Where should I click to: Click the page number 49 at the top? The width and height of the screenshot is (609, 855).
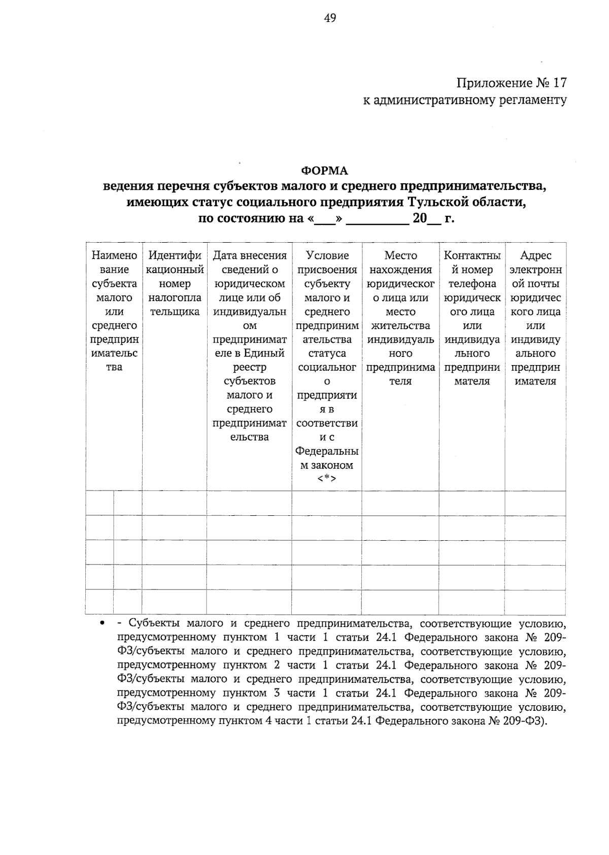[x=329, y=18]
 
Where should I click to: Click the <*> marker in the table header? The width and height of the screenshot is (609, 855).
[x=327, y=479]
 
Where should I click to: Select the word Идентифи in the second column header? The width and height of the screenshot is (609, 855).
[x=175, y=256]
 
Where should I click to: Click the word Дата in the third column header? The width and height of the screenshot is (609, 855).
[x=225, y=256]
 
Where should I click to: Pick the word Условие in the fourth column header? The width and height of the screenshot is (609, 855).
[x=327, y=256]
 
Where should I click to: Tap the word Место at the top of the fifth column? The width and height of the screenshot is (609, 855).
[x=400, y=256]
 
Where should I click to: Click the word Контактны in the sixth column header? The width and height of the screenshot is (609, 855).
[x=472, y=256]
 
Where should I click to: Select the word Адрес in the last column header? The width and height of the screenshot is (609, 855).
[x=535, y=256]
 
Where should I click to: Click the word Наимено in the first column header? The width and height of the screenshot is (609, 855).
[x=114, y=256]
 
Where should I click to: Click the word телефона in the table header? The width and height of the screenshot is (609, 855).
[x=472, y=284]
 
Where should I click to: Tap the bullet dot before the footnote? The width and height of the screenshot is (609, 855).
[x=103, y=623]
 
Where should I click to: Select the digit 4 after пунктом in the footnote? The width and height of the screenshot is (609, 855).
[x=267, y=721]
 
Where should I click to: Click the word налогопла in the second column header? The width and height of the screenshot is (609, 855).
[x=175, y=298]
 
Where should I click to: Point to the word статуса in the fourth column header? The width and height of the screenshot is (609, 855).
[x=327, y=353]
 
